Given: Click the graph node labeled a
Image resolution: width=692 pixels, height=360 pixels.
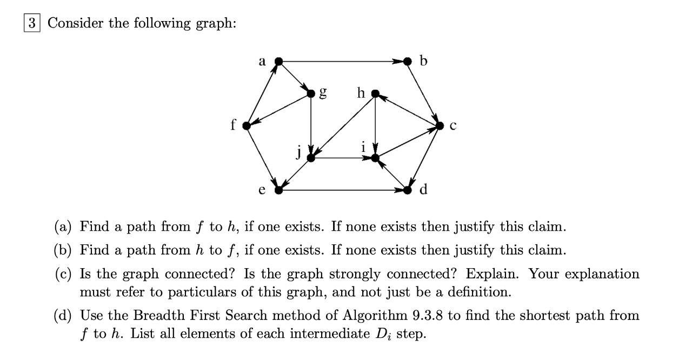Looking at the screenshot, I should tap(278, 62).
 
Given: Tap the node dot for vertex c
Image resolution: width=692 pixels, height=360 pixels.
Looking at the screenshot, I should tap(441, 126).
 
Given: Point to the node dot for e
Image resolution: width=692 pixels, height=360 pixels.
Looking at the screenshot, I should tap(278, 190).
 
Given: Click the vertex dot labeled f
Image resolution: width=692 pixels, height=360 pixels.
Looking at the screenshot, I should tap(247, 126).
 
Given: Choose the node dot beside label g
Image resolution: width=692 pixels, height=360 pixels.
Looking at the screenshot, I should tap(311, 94).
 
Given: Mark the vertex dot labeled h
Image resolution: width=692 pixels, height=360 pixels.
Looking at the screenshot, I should tap(375, 94).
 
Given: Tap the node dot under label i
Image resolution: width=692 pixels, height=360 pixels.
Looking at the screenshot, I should tap(375, 158).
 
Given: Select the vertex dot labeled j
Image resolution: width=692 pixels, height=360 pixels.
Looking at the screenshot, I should tap(311, 158).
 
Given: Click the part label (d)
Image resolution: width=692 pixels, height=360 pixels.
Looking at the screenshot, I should tap(64, 315).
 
